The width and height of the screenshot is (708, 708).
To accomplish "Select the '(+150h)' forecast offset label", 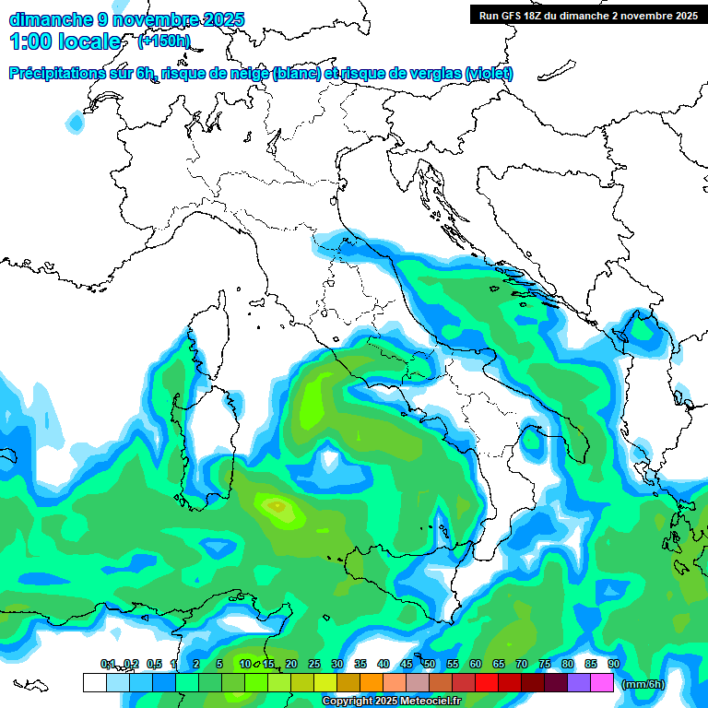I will coord(164,41).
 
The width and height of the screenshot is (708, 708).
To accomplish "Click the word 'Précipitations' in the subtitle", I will coord(58,74).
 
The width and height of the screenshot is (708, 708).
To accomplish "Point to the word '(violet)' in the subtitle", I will coord(489,74).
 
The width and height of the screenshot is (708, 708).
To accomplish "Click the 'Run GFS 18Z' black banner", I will coord(587,15).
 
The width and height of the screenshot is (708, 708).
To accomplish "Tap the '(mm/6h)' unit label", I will coord(643,684).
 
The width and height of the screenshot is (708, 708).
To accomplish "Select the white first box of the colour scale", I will coord(94,682).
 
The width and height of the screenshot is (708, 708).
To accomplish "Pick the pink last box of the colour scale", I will coord(602,682).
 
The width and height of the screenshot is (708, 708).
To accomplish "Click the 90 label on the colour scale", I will coord(614,664).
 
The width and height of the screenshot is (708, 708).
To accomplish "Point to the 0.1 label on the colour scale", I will coord(108,664).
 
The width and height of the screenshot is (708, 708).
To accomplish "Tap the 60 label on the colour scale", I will coord(476,664).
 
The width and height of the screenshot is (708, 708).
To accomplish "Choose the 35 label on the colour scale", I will coord(360,664).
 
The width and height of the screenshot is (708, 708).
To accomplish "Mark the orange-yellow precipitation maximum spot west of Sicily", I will coord(276,505).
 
